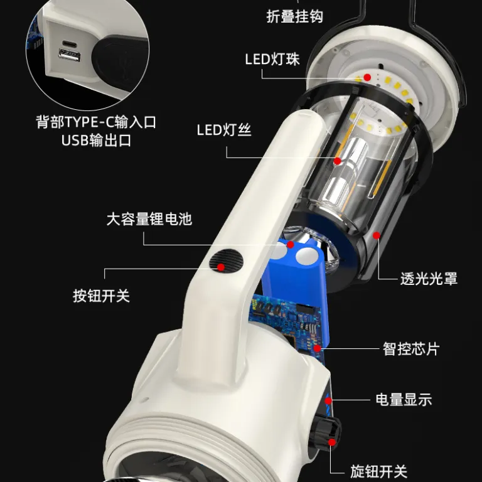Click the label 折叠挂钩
[294, 16]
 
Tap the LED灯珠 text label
[272, 60]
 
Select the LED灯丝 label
[224, 130]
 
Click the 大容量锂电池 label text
[149, 219]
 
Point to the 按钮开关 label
[102, 296]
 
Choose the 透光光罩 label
[429, 279]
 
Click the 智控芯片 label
[411, 349]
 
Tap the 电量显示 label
[404, 400]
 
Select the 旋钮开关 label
[378, 471]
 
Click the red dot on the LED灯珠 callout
[367, 77]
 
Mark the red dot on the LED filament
[338, 161]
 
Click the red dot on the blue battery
[291, 245]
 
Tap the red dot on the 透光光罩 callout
[377, 235]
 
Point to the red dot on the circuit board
[317, 348]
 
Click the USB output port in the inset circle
[70, 56]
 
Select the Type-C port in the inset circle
[70, 44]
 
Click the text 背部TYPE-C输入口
[96, 122]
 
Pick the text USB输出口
[96, 141]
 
